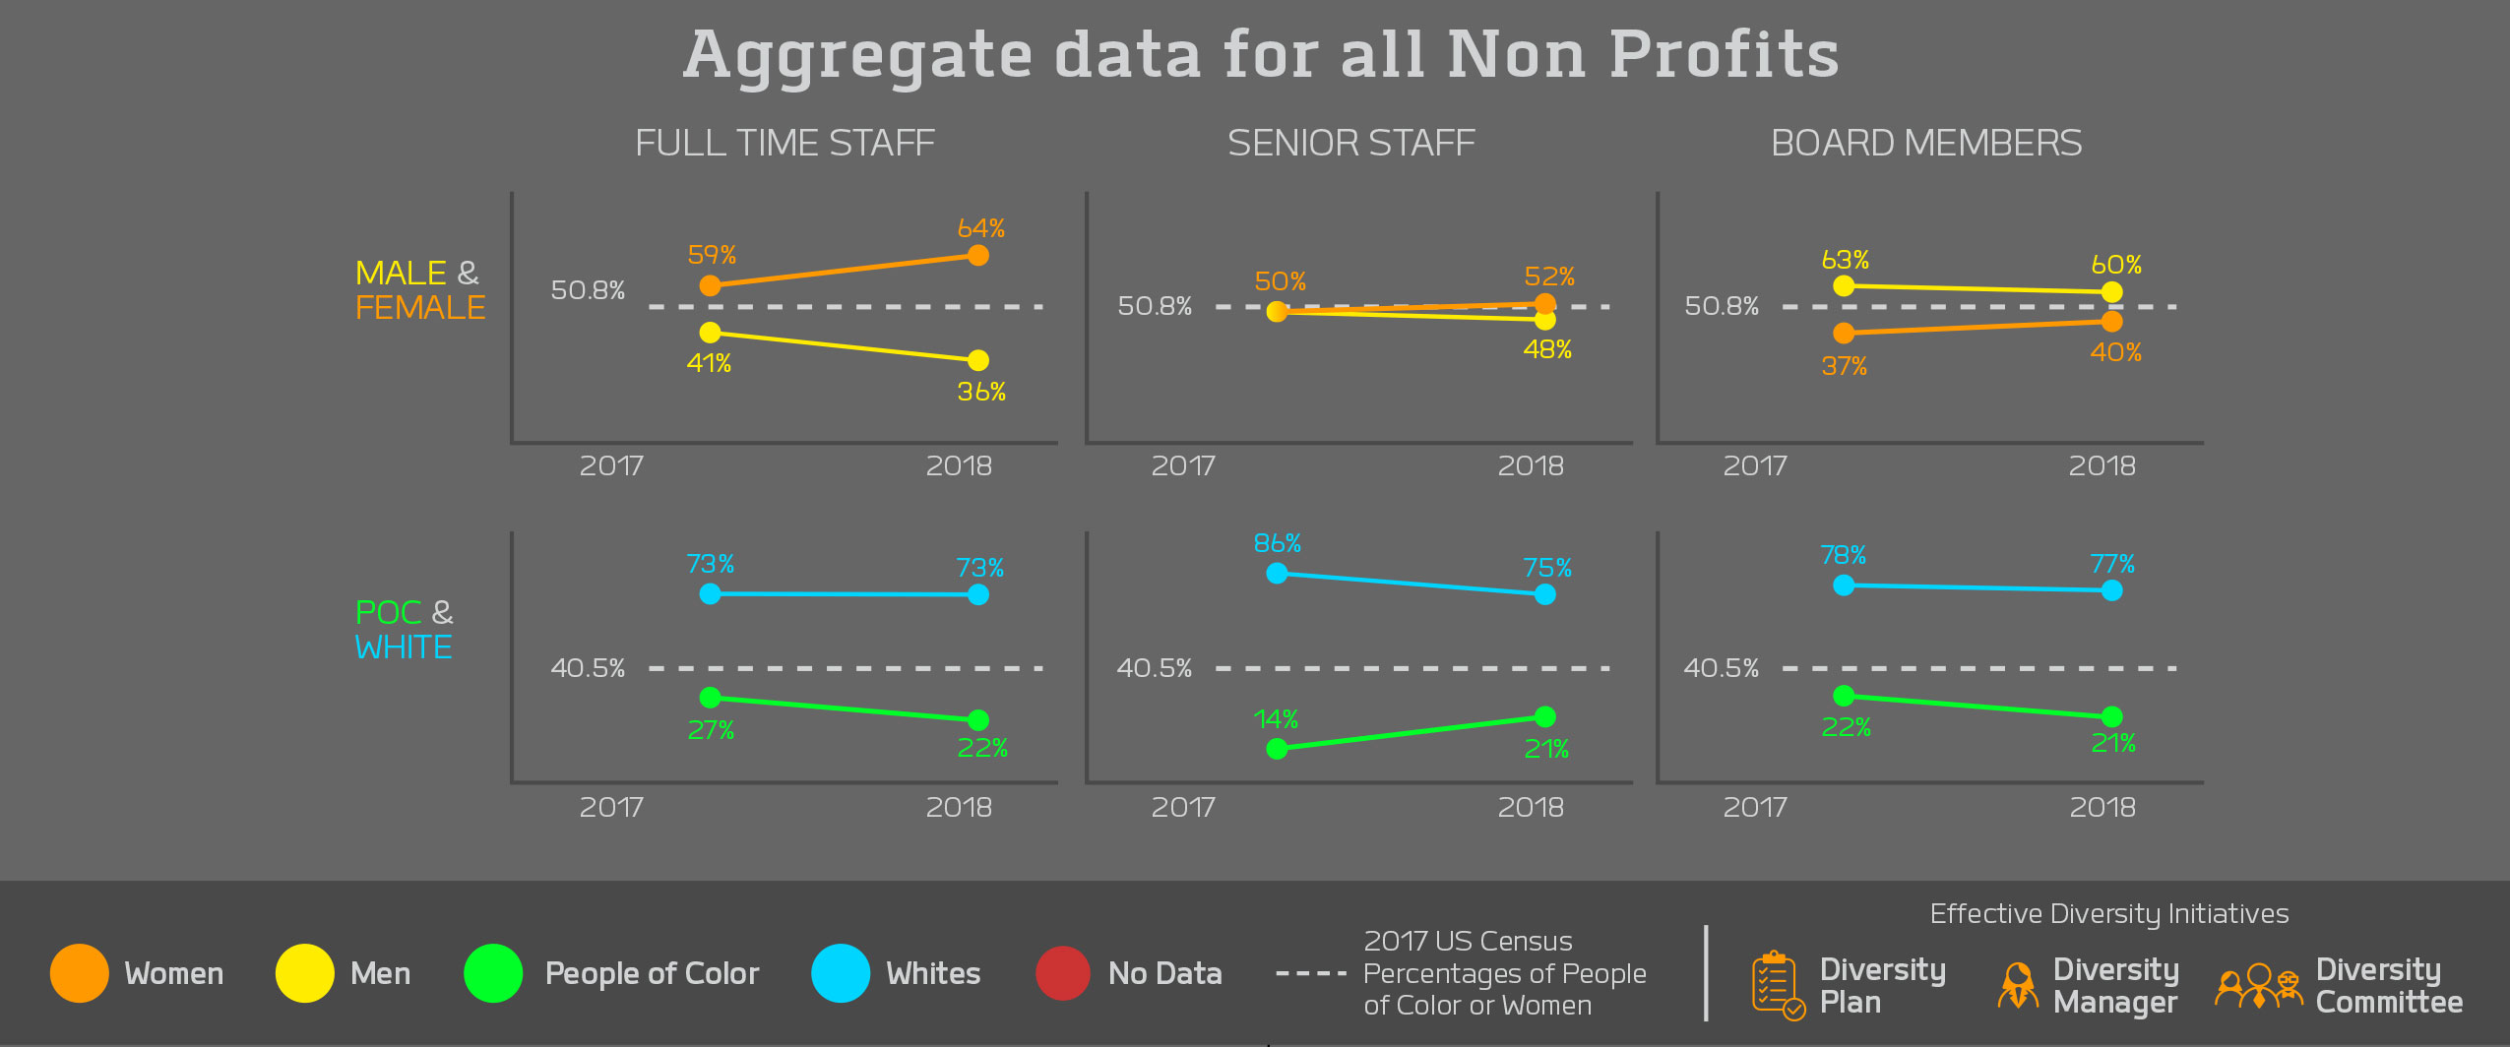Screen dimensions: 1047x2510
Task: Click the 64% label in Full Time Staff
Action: coord(980,228)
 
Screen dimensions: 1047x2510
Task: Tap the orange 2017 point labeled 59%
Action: coord(710,285)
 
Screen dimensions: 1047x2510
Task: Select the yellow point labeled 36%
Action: coord(977,360)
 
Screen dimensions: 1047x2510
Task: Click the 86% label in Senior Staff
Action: coord(1277,543)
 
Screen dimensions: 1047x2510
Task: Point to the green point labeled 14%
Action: coord(1277,749)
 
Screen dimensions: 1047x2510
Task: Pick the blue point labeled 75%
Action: coord(1544,594)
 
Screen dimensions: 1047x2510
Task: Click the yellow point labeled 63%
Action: coord(1844,285)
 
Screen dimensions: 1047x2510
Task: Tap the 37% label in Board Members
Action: coord(1844,366)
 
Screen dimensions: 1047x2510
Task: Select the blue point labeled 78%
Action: coord(1844,585)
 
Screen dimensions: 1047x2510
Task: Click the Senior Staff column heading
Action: coord(1350,144)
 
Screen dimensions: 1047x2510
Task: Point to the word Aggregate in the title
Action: coord(857,55)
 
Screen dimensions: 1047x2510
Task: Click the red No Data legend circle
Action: coord(1062,973)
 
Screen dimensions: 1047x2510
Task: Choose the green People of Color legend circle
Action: coord(493,973)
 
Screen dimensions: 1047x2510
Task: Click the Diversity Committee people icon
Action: coord(2258,985)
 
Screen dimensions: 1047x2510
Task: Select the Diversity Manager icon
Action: coord(2018,985)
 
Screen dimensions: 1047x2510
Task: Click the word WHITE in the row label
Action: coord(404,647)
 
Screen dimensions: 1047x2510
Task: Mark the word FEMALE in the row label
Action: coord(420,308)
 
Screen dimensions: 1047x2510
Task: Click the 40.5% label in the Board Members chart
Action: coord(1721,668)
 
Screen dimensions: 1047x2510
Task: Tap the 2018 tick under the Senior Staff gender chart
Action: coord(1530,466)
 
